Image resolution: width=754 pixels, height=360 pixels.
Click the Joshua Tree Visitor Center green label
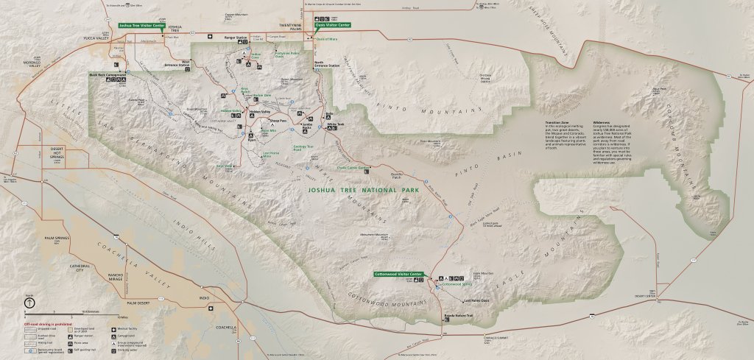point(141,25)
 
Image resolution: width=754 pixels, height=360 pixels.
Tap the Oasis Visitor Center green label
point(332,25)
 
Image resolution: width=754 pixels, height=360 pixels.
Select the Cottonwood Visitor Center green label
point(399,274)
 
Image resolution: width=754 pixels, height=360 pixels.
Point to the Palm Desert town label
point(138,303)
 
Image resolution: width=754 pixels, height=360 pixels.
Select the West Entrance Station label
point(181,63)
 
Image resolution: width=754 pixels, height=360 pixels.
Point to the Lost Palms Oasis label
point(476,300)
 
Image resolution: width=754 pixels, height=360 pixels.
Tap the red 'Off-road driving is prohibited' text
point(48,323)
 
